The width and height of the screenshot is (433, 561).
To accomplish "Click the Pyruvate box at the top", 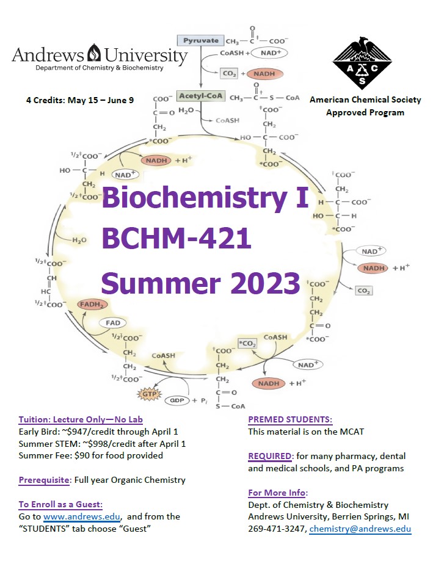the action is click(201, 40).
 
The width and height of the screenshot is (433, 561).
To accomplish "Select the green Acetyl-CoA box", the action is click(201, 96).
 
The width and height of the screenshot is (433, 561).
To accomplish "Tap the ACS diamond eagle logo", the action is click(362, 63).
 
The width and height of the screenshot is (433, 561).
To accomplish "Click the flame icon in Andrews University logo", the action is click(94, 53).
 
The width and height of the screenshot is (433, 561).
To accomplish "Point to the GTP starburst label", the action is click(150, 394).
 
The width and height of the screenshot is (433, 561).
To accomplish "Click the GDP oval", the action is click(176, 400).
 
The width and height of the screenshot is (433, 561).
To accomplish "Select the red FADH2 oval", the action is click(92, 305).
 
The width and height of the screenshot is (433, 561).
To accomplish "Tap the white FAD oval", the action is click(113, 323).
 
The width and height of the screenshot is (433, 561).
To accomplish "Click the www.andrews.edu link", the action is click(82, 516).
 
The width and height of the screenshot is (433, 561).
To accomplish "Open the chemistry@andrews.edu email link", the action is click(360, 529).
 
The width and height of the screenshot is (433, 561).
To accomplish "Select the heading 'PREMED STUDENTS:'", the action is click(290, 419).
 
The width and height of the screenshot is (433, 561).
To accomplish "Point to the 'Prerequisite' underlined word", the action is click(44, 480).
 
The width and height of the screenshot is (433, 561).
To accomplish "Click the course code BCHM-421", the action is click(176, 238).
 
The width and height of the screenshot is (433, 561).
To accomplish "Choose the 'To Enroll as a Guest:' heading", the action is click(60, 504).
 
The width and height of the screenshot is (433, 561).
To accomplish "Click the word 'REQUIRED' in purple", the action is click(270, 456).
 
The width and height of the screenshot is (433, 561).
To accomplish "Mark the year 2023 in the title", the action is click(265, 283).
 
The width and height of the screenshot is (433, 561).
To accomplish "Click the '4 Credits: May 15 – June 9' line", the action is click(80, 100).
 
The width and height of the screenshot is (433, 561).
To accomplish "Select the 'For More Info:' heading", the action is click(278, 493).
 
